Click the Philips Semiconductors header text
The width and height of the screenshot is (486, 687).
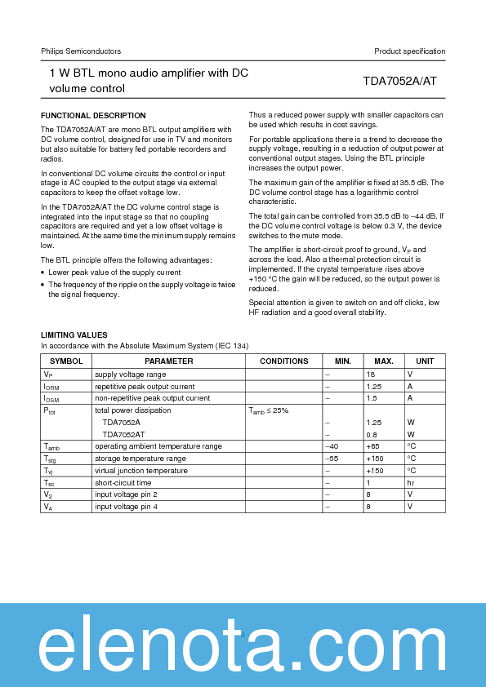tap(81, 51)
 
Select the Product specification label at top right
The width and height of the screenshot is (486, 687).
tap(409, 51)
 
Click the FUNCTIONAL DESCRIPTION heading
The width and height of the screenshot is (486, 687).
tap(93, 116)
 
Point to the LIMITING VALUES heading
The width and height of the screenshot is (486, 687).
tap(74, 335)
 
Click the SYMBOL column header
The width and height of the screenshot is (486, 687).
tap(66, 361)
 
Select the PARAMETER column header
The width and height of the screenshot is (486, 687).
tap(168, 361)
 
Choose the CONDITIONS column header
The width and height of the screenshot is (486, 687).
tap(283, 361)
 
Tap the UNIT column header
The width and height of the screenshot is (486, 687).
tap(425, 361)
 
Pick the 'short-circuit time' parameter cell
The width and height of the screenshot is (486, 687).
tap(123, 483)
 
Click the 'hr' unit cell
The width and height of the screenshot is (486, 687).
tap(411, 483)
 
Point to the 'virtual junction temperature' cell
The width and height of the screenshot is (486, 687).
tap(140, 471)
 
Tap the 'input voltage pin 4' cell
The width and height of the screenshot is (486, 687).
tap(126, 507)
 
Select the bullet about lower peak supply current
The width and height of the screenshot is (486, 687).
tap(114, 272)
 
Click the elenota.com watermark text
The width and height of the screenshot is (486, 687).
tap(243, 648)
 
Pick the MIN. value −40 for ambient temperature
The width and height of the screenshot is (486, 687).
tap(332, 446)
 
